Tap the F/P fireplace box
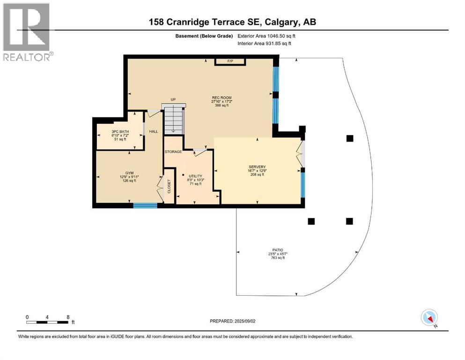tap(230, 61)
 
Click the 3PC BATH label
tap(120, 132)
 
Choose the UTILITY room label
tap(195, 176)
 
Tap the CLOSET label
tap(169, 187)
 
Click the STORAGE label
tap(173, 152)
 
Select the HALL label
tap(154, 132)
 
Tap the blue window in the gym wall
tap(145, 205)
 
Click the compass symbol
tap(429, 317)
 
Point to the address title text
tap(232, 22)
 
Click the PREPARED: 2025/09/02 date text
tap(233, 321)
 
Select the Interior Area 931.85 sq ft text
tap(265, 44)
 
